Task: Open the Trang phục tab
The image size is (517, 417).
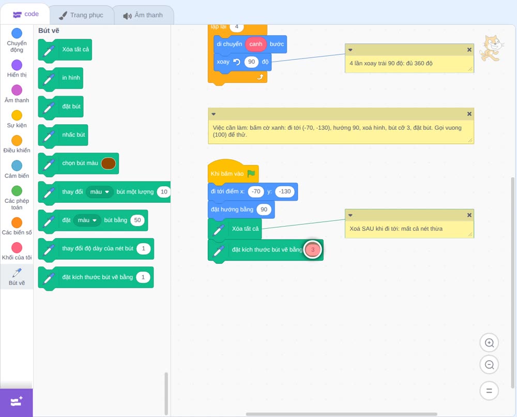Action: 81,15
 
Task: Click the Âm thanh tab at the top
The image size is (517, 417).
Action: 143,15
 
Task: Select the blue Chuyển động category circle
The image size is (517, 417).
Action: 17,33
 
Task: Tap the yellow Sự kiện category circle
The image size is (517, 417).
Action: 17,115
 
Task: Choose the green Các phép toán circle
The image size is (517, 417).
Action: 17,191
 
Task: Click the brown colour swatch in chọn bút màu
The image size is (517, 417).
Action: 108,163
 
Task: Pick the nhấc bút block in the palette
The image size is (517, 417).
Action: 63,135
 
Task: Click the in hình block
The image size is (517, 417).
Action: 60,78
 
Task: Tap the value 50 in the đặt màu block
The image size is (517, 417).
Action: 138,220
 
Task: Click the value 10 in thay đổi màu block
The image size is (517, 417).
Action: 164,191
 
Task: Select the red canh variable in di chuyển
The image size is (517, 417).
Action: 255,44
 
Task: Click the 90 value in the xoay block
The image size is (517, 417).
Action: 252,62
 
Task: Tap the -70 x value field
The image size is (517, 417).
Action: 256,191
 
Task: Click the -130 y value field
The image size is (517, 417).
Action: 285,191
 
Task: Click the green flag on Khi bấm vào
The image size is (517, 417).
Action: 251,173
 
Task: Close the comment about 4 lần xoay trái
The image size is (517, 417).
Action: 469,50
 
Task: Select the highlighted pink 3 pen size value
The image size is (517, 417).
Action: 313,250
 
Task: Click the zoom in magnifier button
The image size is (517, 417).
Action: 489,343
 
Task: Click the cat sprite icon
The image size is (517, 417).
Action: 491,48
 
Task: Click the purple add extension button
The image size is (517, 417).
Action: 17,402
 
